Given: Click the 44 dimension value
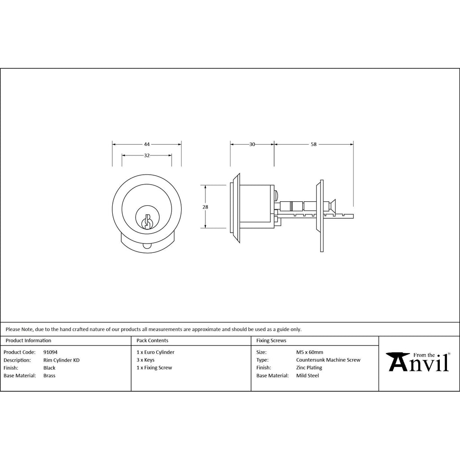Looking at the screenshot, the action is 147,144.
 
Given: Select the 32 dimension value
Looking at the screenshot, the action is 147,155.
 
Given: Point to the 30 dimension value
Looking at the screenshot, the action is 252,144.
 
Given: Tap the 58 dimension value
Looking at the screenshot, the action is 314,144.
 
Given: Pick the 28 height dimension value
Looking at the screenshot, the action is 205,207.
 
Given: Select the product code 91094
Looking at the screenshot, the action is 50,352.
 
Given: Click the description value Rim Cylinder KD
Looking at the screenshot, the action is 61,360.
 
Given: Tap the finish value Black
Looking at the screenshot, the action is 49,368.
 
